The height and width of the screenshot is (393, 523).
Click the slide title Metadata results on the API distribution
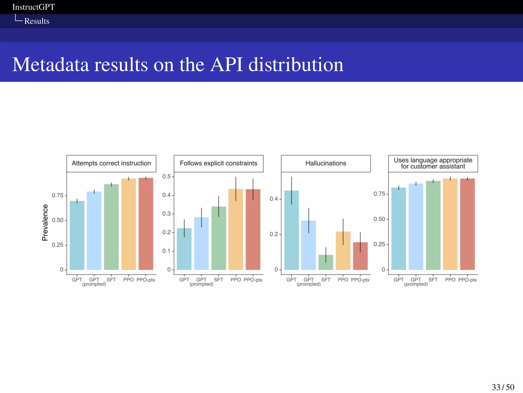[x=178, y=64]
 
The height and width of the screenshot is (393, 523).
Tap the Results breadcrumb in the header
[x=37, y=21]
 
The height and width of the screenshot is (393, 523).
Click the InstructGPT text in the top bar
[x=33, y=7]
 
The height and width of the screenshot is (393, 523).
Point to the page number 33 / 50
[x=503, y=387]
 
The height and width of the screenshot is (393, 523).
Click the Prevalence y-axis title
[x=45, y=222]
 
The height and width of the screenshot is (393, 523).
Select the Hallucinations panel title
[x=326, y=163]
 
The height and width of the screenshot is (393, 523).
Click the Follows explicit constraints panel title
[x=218, y=163]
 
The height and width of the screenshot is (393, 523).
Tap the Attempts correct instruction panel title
[x=111, y=163]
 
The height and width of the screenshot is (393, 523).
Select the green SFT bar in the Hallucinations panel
[x=326, y=263]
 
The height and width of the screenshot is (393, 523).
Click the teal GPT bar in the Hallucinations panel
[x=291, y=230]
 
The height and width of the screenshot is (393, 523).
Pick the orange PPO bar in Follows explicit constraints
[x=236, y=230]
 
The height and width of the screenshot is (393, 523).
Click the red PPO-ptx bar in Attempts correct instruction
[x=146, y=224]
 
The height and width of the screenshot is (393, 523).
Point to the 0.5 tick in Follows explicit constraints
[x=167, y=177]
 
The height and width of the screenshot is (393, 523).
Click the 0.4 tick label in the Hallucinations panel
[x=274, y=199]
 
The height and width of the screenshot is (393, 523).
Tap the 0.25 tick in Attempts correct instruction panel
[x=57, y=245]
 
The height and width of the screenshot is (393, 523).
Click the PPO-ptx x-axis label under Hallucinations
[x=360, y=280]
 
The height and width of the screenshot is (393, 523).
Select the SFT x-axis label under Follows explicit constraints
[x=218, y=280]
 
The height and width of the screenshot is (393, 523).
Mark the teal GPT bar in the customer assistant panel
[x=398, y=229]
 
